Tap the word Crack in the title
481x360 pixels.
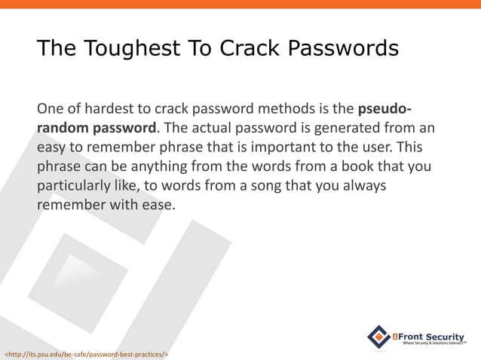(247, 49)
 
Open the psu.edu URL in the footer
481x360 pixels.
(87, 352)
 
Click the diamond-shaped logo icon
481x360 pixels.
(378, 337)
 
